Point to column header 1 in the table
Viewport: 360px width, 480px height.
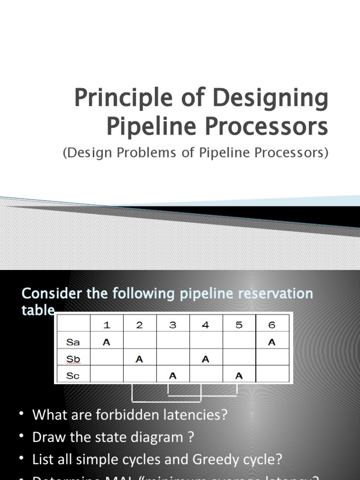pos(106,325)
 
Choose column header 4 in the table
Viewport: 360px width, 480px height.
pos(205,325)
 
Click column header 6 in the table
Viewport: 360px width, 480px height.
pos(272,325)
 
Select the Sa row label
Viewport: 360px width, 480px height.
pos(73,342)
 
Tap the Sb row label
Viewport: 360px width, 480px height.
pos(73,359)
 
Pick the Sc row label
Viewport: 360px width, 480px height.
pos(73,375)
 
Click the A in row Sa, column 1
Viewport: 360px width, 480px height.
pos(106,342)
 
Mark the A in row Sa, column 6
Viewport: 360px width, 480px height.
pos(272,342)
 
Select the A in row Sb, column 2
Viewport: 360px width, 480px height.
pos(139,359)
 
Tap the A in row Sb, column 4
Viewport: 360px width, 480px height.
pos(205,359)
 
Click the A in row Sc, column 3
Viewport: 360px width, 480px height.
pos(172,375)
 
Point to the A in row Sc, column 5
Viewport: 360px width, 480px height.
pos(239,375)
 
